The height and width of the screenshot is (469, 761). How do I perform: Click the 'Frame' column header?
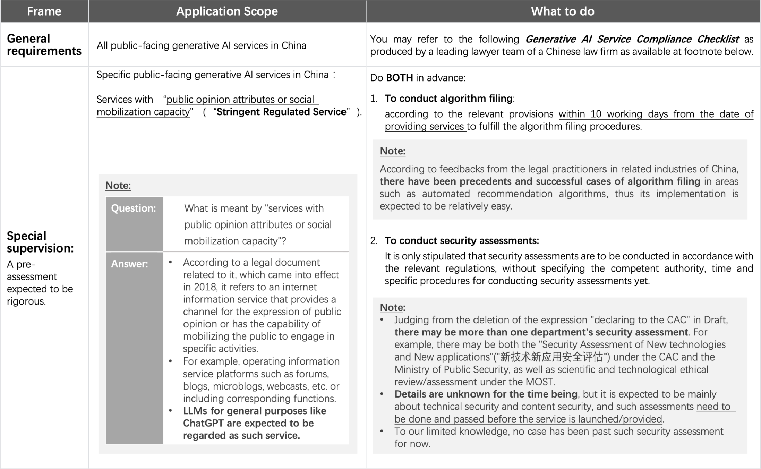[x=44, y=11]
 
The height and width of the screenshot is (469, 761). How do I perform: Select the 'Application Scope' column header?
[x=227, y=11]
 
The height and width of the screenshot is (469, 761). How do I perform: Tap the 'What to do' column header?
[x=563, y=11]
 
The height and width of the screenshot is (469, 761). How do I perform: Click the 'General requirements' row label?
[x=44, y=45]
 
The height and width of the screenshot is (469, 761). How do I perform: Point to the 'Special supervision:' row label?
[x=40, y=242]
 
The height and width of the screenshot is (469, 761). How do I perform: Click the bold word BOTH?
[x=399, y=78]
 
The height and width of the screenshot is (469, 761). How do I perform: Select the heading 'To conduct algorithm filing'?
[x=448, y=99]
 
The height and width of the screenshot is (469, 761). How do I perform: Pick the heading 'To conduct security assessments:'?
[x=462, y=240]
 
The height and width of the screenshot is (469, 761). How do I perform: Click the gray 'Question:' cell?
[x=134, y=208]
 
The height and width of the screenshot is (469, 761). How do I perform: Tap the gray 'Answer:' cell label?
[x=129, y=264]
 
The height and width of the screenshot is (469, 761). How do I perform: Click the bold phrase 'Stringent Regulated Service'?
[x=281, y=112]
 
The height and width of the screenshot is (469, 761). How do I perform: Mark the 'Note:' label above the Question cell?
[x=118, y=186]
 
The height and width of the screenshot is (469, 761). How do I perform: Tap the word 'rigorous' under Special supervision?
[x=26, y=301]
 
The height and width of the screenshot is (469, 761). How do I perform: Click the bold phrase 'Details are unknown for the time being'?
[x=486, y=394]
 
